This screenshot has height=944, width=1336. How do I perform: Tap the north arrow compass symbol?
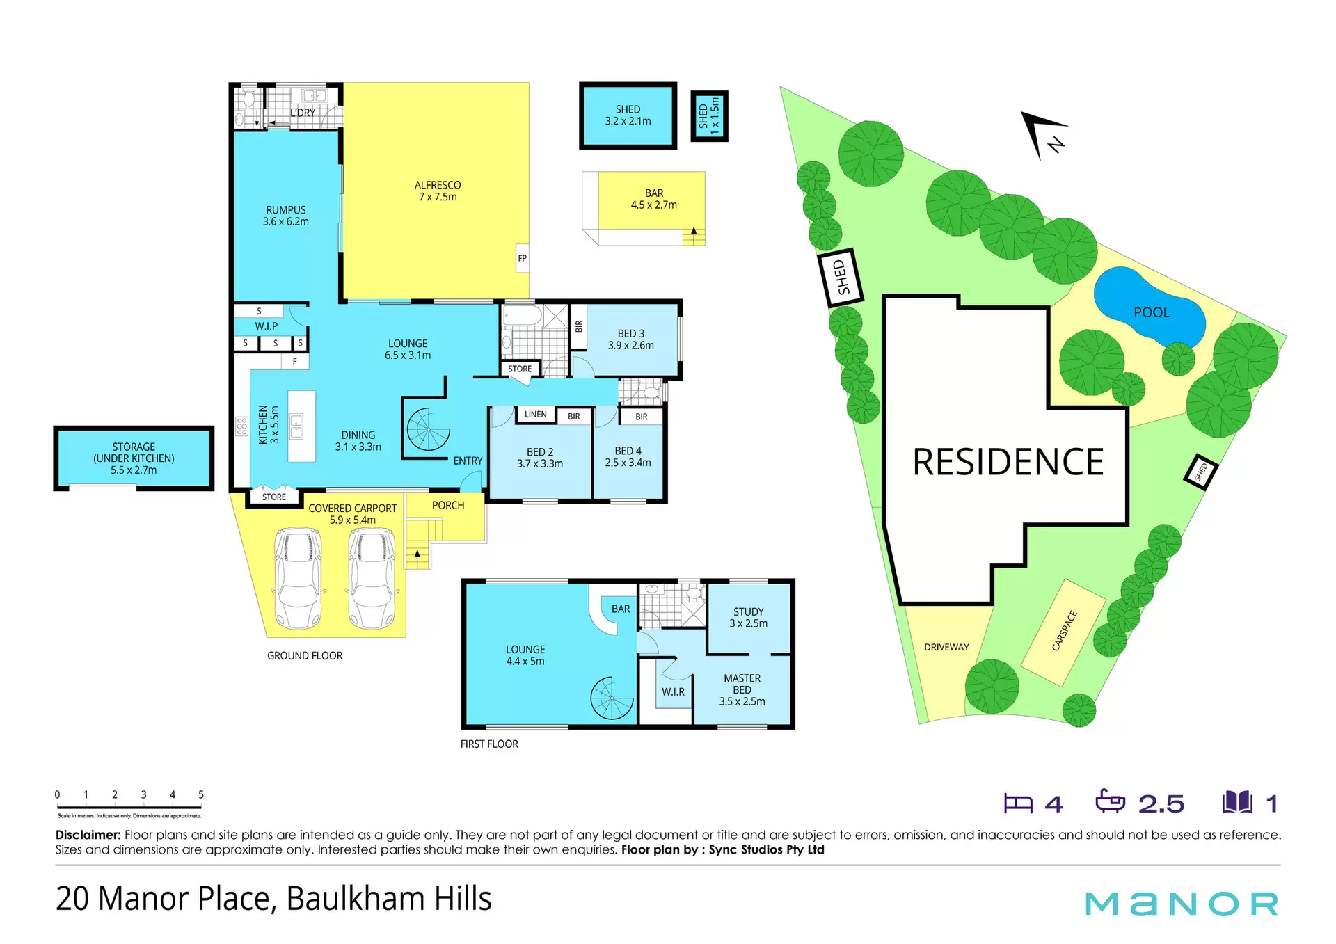click(1044, 135)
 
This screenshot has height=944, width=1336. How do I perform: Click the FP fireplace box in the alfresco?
click(522, 258)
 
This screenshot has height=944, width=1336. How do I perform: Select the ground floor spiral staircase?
click(429, 429)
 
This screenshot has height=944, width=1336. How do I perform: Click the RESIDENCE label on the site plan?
click(1008, 462)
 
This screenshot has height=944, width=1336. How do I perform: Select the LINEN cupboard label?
click(536, 415)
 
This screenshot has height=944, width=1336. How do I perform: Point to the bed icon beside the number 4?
click(1018, 803)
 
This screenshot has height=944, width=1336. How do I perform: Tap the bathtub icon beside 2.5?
click(1111, 801)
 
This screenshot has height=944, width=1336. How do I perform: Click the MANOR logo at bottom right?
click(1182, 904)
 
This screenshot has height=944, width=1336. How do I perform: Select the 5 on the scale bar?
click(201, 794)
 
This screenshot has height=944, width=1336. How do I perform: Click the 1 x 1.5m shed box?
click(709, 116)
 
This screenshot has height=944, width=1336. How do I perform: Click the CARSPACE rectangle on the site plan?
click(1064, 632)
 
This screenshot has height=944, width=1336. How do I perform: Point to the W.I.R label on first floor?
click(673, 692)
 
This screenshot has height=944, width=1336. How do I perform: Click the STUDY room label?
click(749, 612)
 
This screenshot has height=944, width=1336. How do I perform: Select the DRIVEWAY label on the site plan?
click(946, 647)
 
